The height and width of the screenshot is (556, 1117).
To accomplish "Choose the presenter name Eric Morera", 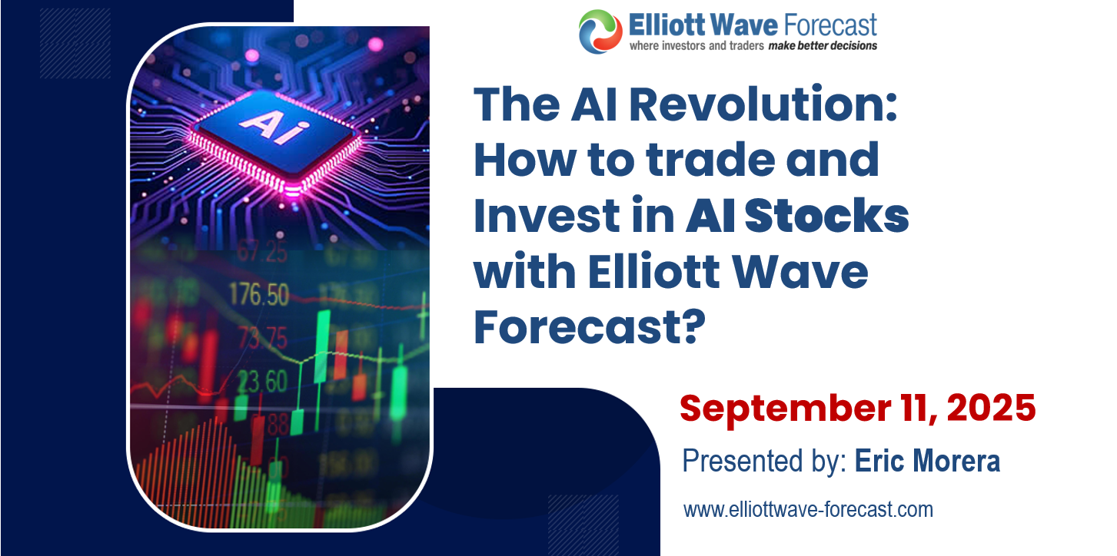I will pos(927,462).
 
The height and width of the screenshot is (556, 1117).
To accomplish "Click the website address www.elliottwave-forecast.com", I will pos(808,508).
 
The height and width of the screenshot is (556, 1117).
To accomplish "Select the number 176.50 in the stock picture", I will pos(260,294).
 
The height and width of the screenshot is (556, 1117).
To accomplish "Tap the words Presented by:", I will pos(763,462).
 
